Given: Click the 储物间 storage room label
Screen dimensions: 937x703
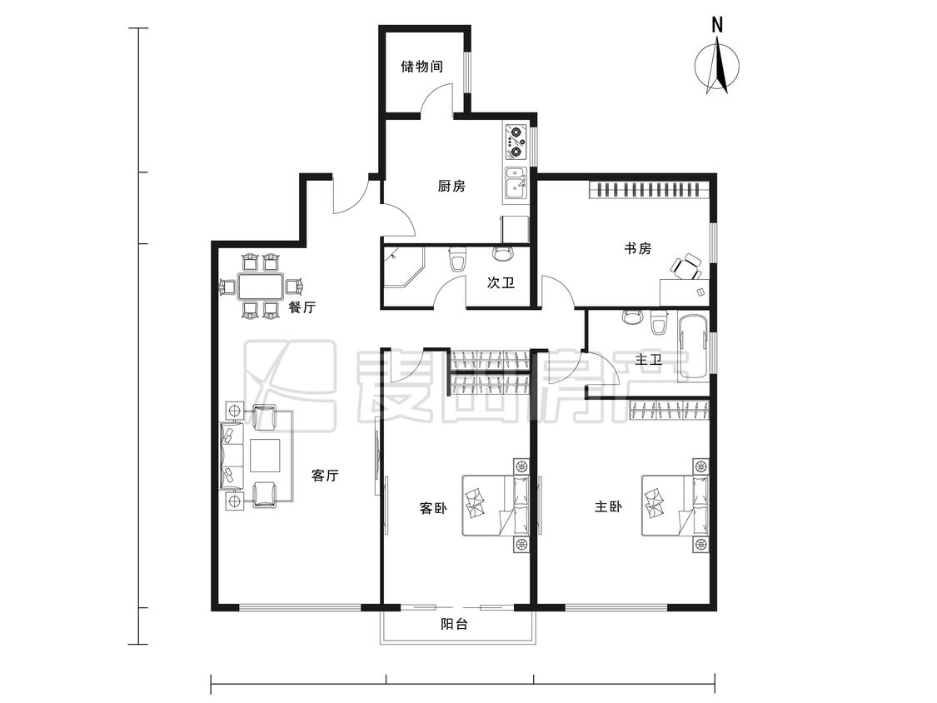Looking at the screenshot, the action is click(422, 66).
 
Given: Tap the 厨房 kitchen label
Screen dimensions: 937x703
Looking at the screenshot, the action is click(451, 186).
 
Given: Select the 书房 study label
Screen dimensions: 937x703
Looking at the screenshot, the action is click(638, 248).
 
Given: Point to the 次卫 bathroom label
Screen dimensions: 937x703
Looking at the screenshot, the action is click(501, 282).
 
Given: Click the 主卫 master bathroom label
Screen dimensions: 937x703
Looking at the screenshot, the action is click(649, 360).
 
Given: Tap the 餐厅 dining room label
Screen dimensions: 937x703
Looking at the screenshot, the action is click(302, 307).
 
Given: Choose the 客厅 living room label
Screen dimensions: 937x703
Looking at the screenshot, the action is click(325, 476).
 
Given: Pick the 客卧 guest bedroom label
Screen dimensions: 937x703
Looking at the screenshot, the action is click(433, 509).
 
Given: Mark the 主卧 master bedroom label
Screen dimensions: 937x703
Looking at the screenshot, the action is click(608, 507).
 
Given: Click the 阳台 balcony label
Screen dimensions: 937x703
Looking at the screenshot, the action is click(454, 624).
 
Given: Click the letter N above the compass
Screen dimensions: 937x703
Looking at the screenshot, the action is click(718, 24).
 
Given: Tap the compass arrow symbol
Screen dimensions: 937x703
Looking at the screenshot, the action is click(718, 65).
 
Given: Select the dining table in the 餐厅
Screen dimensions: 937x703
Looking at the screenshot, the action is click(262, 287).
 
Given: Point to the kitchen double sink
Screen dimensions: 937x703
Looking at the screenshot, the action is click(516, 182).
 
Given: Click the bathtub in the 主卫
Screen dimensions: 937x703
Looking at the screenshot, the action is click(694, 347).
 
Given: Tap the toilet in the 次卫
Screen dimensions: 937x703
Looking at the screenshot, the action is click(458, 259).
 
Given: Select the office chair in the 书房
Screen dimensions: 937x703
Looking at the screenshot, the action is click(686, 266).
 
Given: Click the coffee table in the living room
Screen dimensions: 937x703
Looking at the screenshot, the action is click(266, 456).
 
